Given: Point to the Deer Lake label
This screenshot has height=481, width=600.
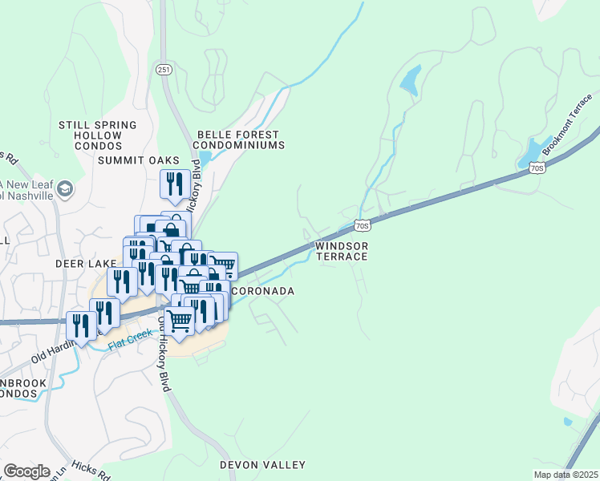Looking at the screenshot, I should [81, 263].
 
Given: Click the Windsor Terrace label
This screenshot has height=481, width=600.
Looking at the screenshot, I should [341, 251].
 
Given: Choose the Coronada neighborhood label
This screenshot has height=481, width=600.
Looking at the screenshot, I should [262, 291].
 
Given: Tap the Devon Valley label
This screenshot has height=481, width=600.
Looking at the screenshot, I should [263, 465].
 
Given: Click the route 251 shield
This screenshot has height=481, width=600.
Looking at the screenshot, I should [164, 70].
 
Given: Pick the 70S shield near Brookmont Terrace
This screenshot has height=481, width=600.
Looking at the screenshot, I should [537, 168].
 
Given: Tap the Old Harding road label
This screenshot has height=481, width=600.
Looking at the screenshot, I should [56, 350].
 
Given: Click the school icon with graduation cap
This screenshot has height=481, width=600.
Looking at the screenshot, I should [64, 189].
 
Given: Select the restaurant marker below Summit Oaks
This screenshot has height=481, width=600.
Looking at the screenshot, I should [175, 184].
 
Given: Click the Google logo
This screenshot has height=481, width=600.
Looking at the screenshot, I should [26, 471].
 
